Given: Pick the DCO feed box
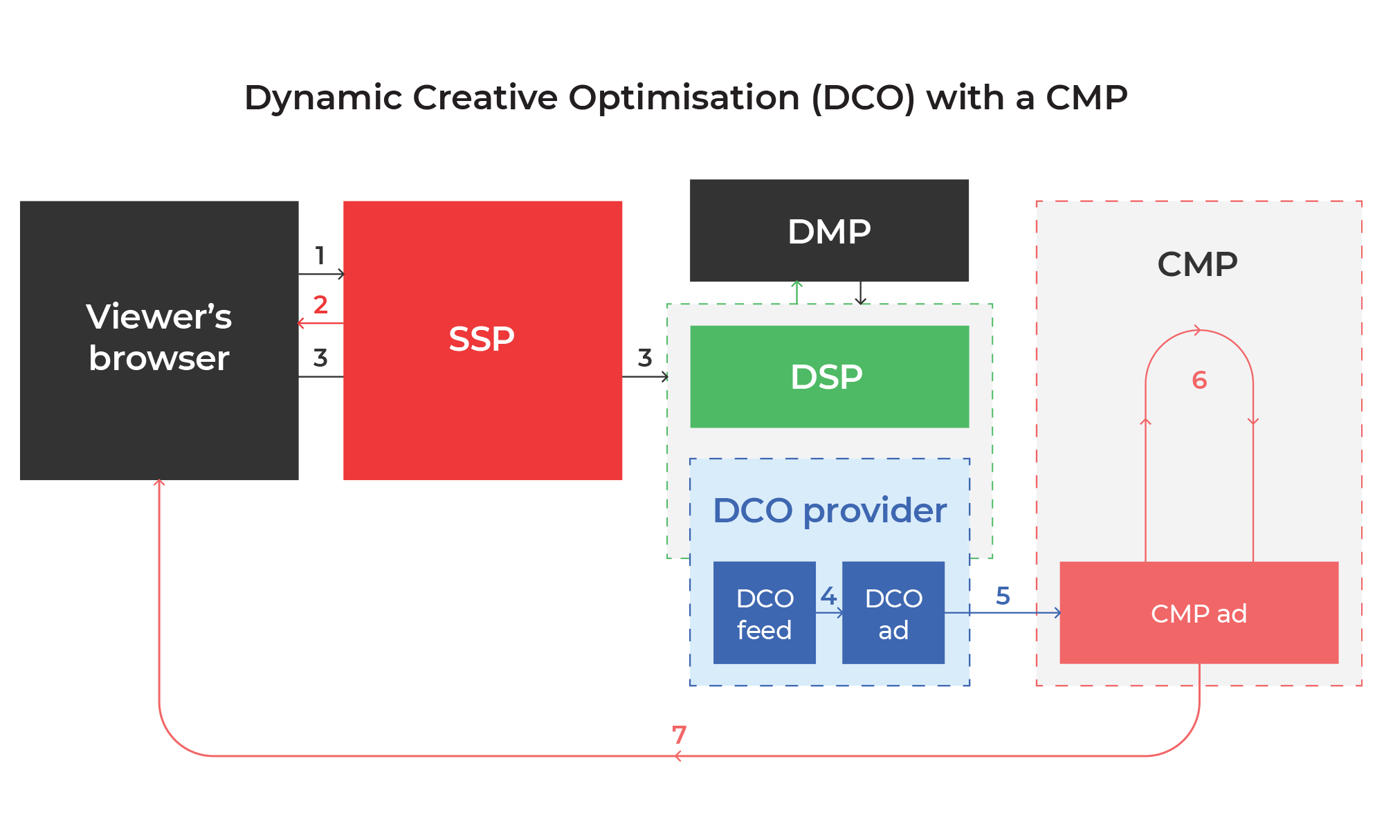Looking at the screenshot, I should click(764, 613).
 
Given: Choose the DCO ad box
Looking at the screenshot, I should click(893, 613).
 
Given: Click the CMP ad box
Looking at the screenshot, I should click(1199, 613).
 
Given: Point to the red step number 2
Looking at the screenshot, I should click(320, 304).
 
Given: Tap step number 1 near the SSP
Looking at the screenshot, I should click(320, 255).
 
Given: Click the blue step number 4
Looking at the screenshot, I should click(828, 596).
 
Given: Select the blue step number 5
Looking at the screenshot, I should click(1003, 596).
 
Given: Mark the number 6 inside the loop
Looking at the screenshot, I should click(1199, 380).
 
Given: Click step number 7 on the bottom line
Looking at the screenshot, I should click(679, 734).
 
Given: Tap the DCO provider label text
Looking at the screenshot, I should click(829, 511).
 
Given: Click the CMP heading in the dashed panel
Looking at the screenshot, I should click(1197, 264).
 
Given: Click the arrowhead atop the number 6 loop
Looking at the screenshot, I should click(1198, 331).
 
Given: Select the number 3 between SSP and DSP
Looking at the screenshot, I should click(645, 358).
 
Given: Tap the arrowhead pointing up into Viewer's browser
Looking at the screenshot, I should click(159, 483).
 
